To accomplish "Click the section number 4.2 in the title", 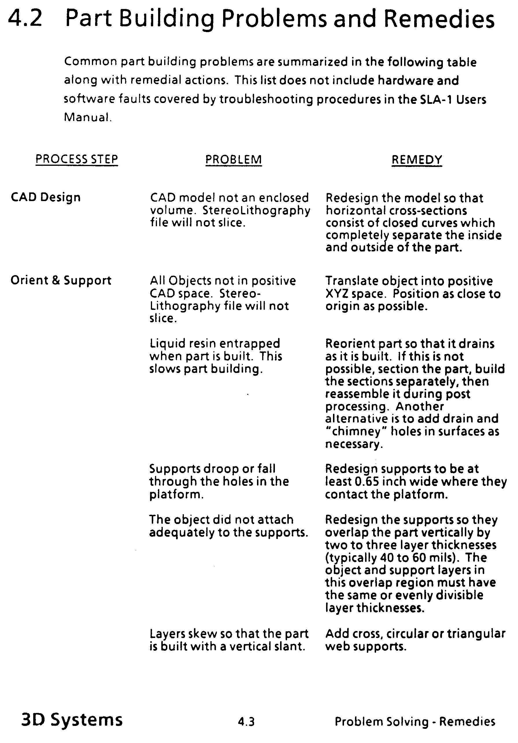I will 25,19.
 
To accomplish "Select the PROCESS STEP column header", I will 77,159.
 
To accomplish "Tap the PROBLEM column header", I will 234,159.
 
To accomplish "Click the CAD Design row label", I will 46,197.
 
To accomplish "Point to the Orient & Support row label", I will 61,280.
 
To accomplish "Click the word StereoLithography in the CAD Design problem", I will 256,210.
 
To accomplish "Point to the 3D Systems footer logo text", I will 72,720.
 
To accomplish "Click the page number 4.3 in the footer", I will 246,721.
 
